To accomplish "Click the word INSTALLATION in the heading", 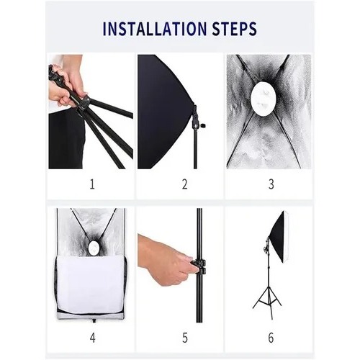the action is point(155,29).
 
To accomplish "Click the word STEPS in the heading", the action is point(235,29).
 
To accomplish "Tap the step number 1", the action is point(92,184).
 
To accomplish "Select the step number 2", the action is point(184,184).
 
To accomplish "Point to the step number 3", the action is point(271,184).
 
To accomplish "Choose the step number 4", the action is point(93,338).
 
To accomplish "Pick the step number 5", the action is point(185,338).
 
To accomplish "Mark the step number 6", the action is point(271,338).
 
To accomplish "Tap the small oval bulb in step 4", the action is point(93,248).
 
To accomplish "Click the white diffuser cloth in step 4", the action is point(91,285).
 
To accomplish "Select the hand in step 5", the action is point(166,260).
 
